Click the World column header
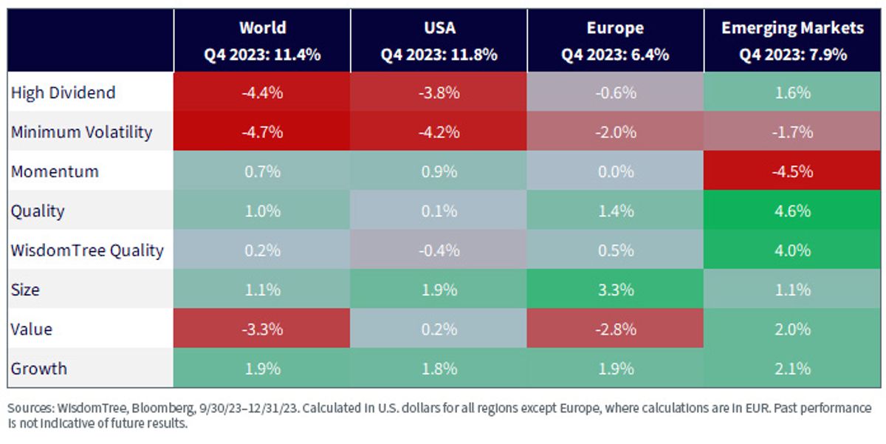tap(262, 41)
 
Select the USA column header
tap(439, 41)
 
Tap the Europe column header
tap(616, 41)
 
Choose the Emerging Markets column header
tap(792, 41)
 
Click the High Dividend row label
tap(63, 92)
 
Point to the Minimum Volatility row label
tap(81, 132)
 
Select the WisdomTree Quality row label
tap(87, 250)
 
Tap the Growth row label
tap(38, 369)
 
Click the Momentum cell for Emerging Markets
tap(792, 171)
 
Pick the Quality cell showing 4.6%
tap(792, 210)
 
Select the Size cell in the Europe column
tap(616, 289)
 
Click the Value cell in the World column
tap(262, 329)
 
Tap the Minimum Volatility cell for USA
tap(439, 131)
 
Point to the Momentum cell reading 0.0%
tap(616, 171)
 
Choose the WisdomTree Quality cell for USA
tap(439, 250)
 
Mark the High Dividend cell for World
tap(262, 92)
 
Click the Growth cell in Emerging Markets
tap(792, 368)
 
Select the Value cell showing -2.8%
tap(616, 329)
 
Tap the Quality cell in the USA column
tap(439, 210)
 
